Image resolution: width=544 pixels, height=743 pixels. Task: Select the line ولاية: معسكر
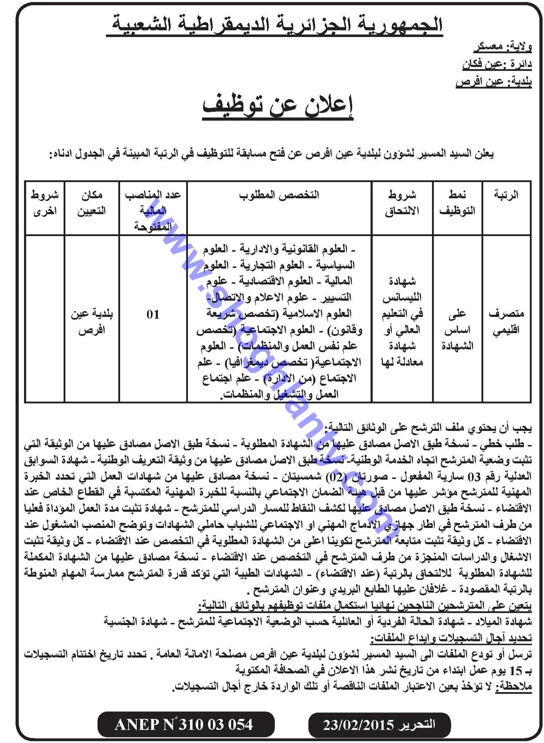[x=503, y=47]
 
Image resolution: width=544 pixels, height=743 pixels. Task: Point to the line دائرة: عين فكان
[x=497, y=65]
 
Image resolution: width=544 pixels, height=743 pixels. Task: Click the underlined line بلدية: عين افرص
[x=493, y=82]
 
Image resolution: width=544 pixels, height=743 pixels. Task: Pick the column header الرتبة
[x=507, y=195]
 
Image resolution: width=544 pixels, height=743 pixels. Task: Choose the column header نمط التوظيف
[x=457, y=203]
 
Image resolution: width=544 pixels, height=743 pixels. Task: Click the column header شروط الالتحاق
[x=402, y=203]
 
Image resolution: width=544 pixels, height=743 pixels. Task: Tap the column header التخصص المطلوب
[x=279, y=195]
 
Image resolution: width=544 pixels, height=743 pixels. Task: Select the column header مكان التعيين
[x=91, y=203]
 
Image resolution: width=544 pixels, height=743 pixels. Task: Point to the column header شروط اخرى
[x=45, y=203]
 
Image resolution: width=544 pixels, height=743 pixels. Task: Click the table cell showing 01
[x=153, y=314]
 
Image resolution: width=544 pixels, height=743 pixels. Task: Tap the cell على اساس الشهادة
[x=457, y=330]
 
